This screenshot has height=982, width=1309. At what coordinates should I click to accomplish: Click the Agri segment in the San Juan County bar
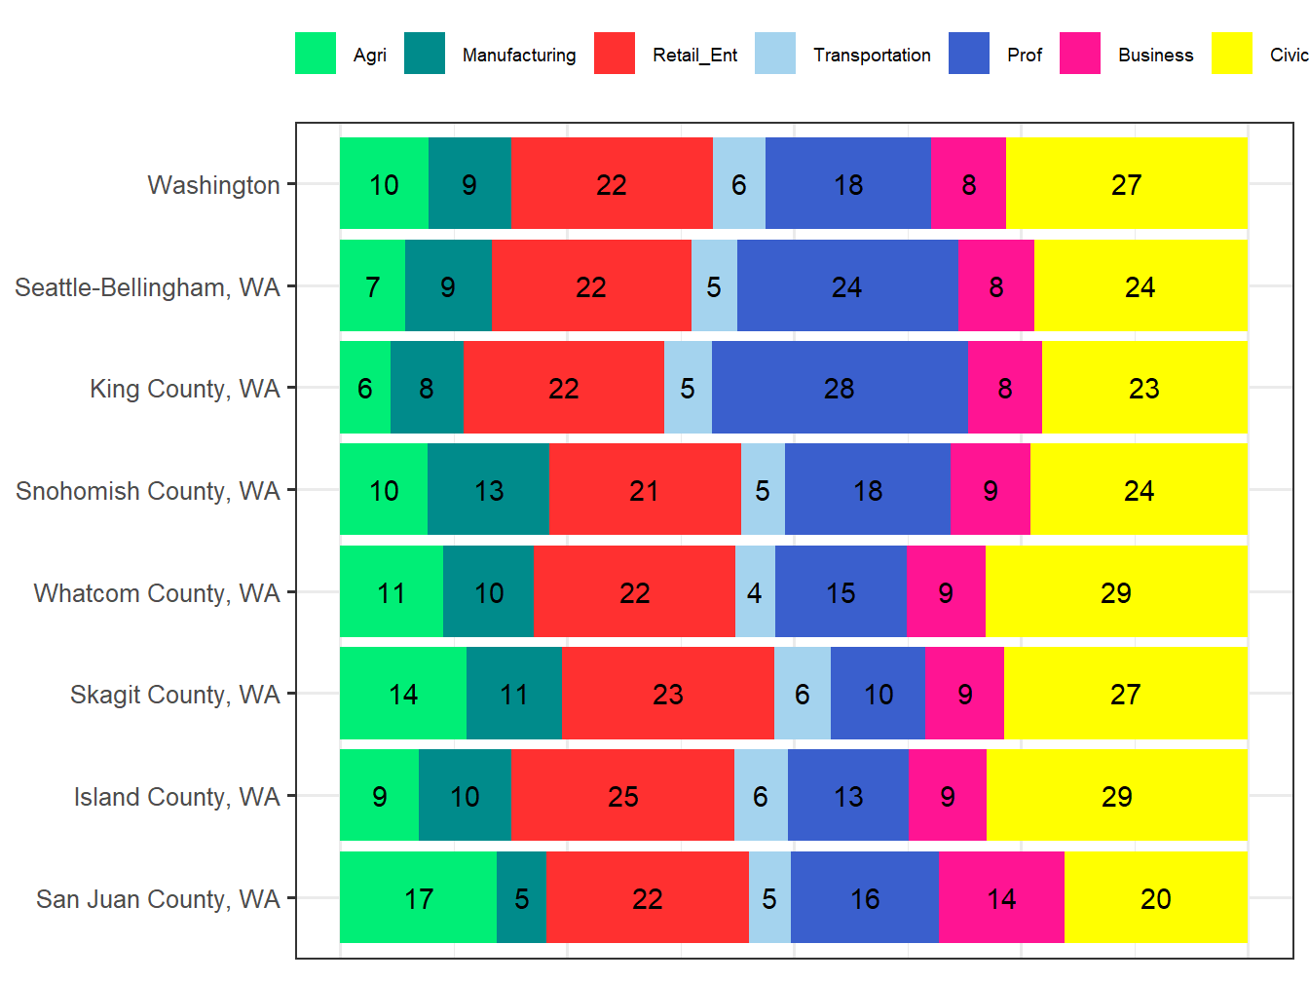(x=418, y=897)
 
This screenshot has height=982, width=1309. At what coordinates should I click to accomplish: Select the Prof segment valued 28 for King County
(x=839, y=388)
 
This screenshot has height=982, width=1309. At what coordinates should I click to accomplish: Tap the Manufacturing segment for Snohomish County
(x=488, y=490)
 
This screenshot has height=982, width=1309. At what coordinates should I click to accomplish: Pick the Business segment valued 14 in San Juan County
(x=1001, y=897)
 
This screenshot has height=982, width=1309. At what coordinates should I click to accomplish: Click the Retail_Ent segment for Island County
(x=622, y=796)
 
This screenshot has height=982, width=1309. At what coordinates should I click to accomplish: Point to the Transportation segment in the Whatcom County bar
(x=755, y=592)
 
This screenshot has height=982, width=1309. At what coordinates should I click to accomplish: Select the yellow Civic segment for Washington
(x=1126, y=184)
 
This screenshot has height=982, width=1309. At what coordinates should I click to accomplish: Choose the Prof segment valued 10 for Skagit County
(x=878, y=694)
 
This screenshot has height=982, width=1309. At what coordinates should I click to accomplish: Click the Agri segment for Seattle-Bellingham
(x=372, y=286)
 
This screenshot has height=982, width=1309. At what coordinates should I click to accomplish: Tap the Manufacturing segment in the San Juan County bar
(x=521, y=897)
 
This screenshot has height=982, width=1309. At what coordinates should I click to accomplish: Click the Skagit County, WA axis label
(x=174, y=695)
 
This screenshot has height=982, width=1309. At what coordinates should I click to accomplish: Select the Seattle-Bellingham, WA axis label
(x=147, y=287)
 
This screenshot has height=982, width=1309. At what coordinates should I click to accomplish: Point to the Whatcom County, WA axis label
(x=157, y=593)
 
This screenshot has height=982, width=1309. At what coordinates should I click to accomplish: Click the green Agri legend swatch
(x=316, y=54)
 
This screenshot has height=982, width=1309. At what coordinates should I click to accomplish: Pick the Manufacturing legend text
(x=518, y=56)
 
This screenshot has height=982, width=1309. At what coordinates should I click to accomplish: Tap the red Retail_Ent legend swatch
(x=615, y=54)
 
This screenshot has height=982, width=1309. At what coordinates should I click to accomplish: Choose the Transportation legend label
(x=872, y=56)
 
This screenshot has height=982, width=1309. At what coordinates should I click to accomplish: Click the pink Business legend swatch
(x=1080, y=54)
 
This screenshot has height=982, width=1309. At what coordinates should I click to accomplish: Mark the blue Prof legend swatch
(x=969, y=54)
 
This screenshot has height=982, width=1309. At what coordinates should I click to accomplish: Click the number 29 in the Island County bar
(x=1116, y=796)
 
